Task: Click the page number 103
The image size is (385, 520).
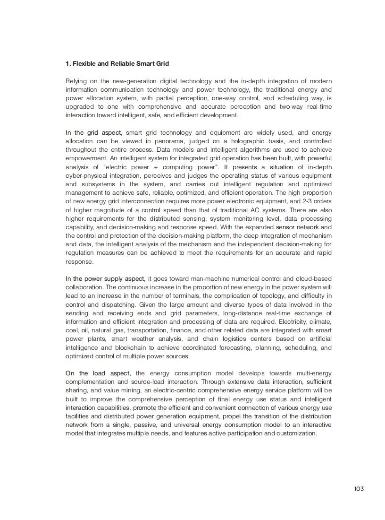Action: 359,489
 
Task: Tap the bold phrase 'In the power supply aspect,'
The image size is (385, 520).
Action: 105,279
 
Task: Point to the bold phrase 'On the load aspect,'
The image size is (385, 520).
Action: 98,373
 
